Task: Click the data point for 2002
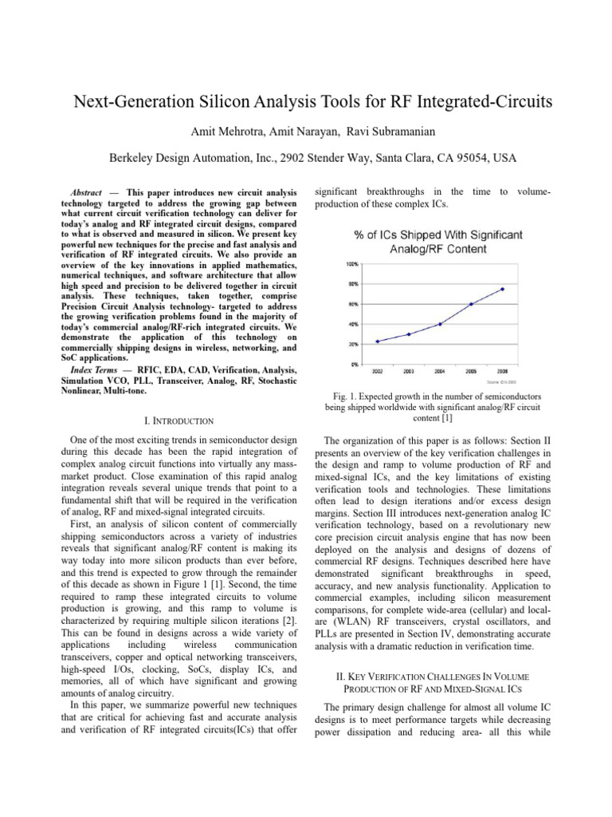377,341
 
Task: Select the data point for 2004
440,324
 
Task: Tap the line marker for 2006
503,289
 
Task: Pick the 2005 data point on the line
471,304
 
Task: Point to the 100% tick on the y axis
351,263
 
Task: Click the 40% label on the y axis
352,324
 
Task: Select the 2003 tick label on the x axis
408,371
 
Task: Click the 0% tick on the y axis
354,365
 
